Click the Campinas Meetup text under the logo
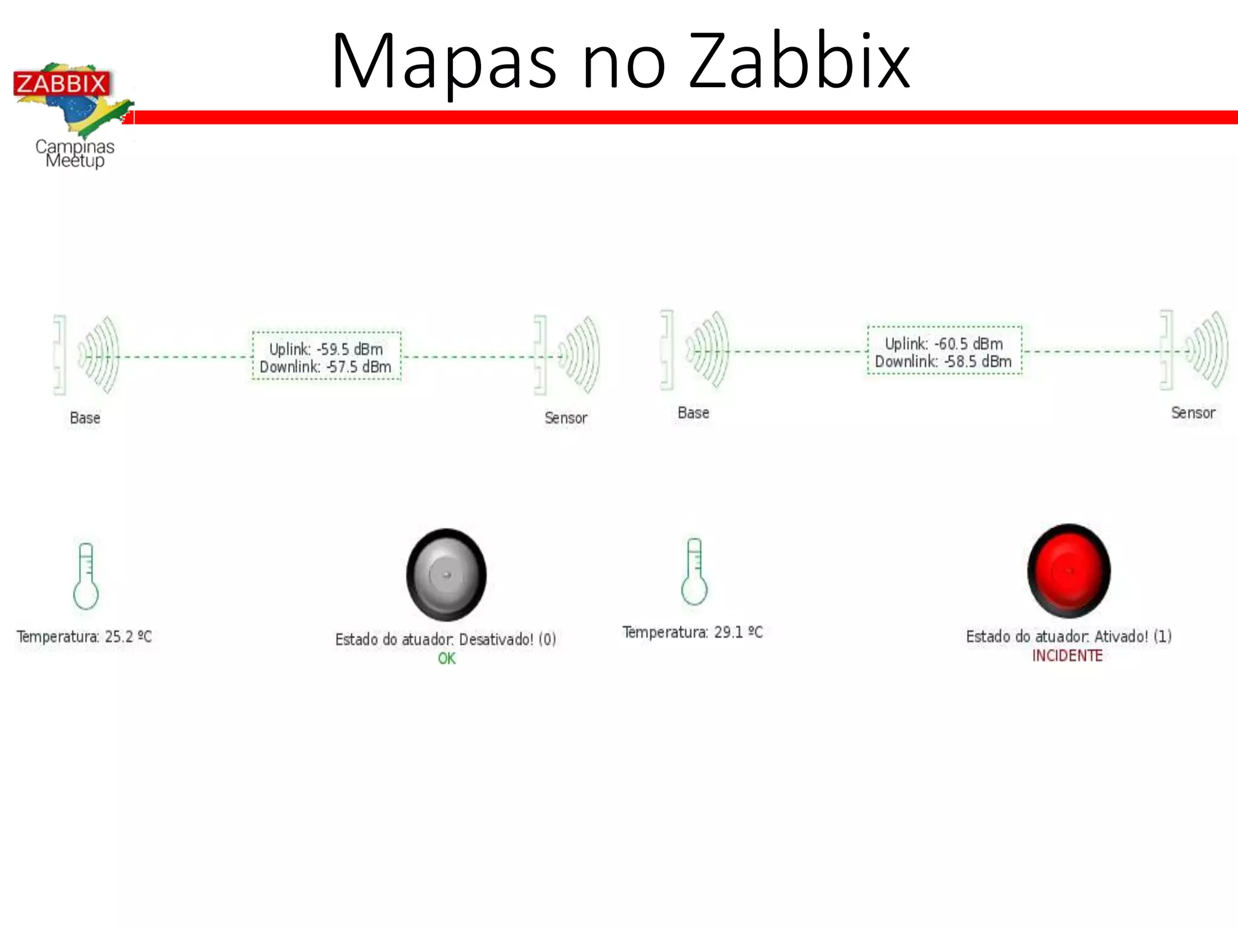(75, 154)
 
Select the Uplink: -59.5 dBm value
(326, 349)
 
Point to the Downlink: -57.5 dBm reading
(326, 367)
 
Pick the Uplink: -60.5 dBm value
(944, 344)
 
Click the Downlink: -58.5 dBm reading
(943, 362)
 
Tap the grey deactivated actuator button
(446, 575)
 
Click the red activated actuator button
(1069, 570)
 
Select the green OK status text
(447, 659)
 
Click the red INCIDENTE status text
(1067, 656)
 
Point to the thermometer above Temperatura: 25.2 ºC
(86, 576)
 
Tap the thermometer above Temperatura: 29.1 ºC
(694, 572)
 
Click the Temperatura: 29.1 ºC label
(693, 633)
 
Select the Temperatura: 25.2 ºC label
(84, 637)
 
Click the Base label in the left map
(85, 418)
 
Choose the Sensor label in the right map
(1193, 413)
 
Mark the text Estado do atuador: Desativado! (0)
(446, 639)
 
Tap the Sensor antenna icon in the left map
(567, 356)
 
